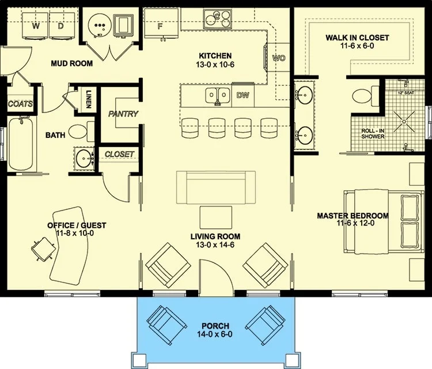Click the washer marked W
[36, 26]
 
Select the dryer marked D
[62, 26]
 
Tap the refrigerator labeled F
[161, 23]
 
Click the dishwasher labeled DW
[243, 95]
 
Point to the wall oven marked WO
[278, 57]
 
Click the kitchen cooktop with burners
[217, 18]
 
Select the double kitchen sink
[217, 96]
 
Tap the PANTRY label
[123, 114]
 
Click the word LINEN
[89, 99]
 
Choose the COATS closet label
[20, 104]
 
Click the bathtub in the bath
[21, 144]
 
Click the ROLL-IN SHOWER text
[373, 134]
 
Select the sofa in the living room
[216, 187]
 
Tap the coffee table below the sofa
[216, 217]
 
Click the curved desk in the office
[70, 246]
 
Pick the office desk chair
[43, 250]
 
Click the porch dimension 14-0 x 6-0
[215, 334]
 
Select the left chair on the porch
[166, 325]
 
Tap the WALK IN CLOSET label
[357, 38]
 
